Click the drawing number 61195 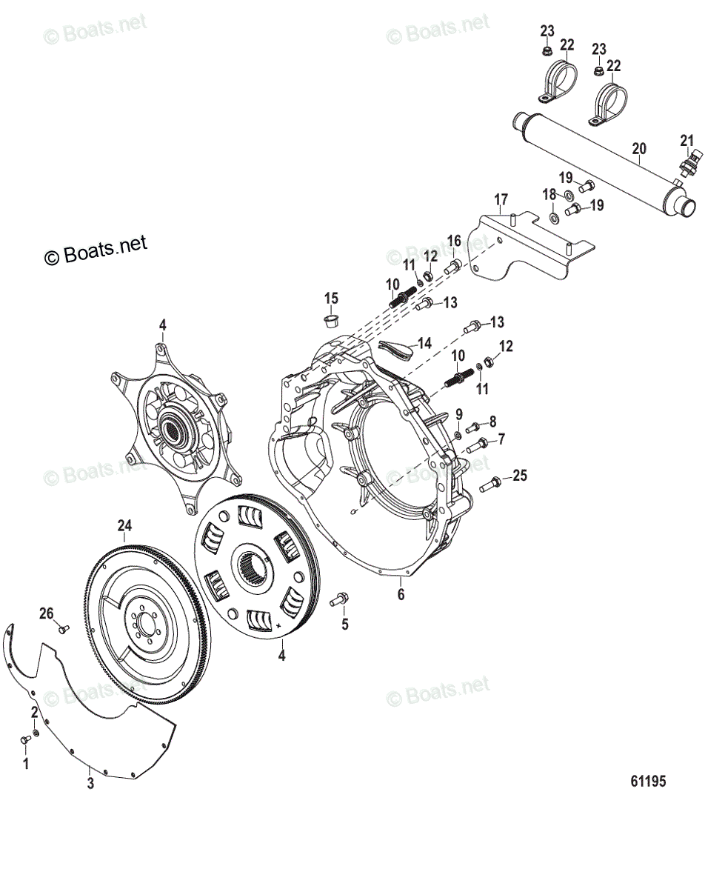click(x=649, y=781)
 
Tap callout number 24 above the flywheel click(x=124, y=525)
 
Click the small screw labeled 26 click(x=62, y=628)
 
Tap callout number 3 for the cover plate click(x=90, y=784)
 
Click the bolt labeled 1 click(x=25, y=738)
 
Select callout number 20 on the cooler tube click(x=638, y=149)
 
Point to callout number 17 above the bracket click(x=501, y=200)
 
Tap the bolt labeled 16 click(x=454, y=266)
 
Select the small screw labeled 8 click(x=474, y=425)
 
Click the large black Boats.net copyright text click(x=96, y=250)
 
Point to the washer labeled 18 click(x=553, y=219)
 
